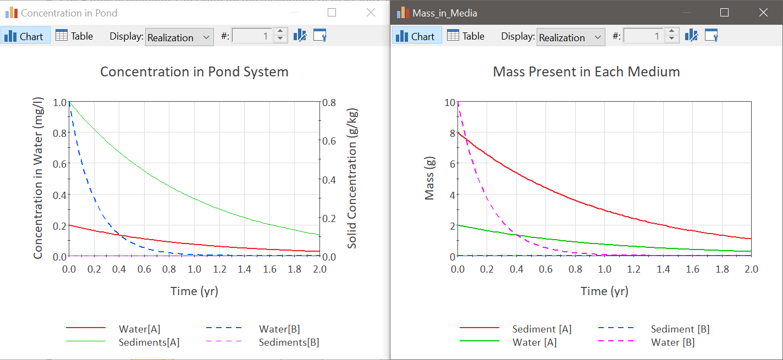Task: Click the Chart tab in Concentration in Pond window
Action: tap(25, 36)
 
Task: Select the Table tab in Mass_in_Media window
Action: tap(466, 36)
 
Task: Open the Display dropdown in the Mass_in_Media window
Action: tap(570, 37)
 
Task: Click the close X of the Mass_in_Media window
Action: tap(763, 13)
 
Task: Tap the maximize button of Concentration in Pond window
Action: tap(332, 13)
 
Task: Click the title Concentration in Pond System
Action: tap(194, 71)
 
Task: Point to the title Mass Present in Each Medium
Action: tap(586, 71)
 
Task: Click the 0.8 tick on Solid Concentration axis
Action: tap(329, 102)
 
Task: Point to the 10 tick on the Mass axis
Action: tap(450, 102)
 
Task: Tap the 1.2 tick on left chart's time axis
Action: tap(219, 269)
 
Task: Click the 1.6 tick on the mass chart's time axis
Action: tap(692, 269)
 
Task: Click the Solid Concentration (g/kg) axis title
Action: tap(352, 178)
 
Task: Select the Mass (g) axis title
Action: tap(429, 178)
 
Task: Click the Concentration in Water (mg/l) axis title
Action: tap(38, 178)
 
